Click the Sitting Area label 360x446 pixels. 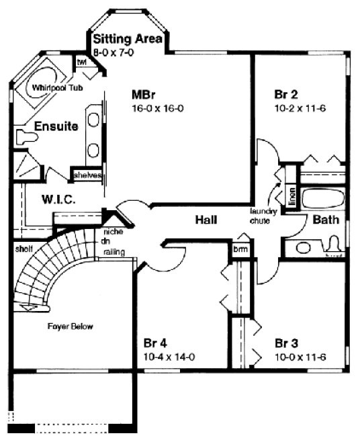click(x=128, y=39)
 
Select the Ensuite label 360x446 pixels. click(x=56, y=126)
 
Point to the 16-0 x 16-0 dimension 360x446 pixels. click(x=158, y=108)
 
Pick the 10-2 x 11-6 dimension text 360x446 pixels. click(x=300, y=107)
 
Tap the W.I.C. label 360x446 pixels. click(x=56, y=200)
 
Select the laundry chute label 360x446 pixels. click(x=260, y=216)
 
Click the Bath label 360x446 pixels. click(x=325, y=220)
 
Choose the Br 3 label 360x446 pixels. click(x=287, y=344)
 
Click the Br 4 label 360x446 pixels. click(x=156, y=344)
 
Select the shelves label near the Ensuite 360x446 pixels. click(x=87, y=176)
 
